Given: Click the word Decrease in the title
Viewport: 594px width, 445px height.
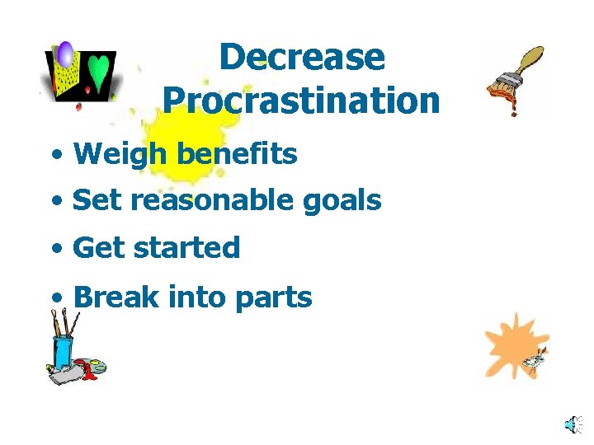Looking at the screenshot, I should [302, 58].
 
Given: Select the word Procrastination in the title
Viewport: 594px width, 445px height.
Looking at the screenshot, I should [301, 101].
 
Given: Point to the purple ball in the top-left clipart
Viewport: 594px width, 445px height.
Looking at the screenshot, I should [64, 54].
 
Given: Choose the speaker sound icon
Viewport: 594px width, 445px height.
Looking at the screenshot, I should [571, 424].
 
